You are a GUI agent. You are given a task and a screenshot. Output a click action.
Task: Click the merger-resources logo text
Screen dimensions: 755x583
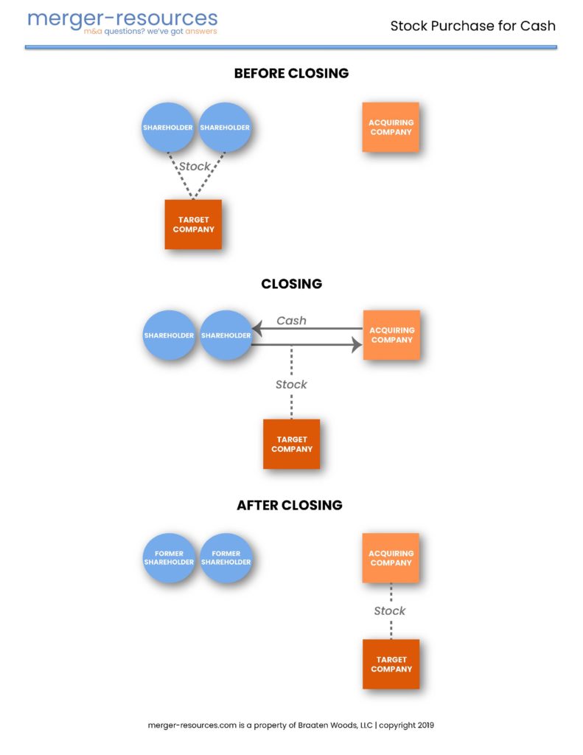click(x=122, y=18)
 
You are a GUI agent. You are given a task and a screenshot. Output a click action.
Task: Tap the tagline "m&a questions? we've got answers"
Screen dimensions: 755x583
click(x=150, y=32)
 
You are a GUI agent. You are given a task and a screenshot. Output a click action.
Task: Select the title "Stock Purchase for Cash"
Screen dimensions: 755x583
click(x=472, y=26)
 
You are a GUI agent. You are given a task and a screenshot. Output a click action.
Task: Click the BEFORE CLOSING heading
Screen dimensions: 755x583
click(x=291, y=74)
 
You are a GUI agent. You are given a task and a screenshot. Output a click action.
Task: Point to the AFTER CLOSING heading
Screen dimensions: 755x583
click(x=290, y=506)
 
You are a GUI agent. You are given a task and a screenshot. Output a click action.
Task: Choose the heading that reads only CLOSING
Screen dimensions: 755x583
click(x=291, y=284)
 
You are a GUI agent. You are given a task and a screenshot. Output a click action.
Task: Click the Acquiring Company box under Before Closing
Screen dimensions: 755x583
click(x=391, y=128)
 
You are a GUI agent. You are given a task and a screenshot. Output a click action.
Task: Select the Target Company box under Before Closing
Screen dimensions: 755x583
click(x=193, y=225)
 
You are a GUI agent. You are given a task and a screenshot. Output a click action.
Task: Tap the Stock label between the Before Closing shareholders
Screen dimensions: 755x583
click(x=195, y=167)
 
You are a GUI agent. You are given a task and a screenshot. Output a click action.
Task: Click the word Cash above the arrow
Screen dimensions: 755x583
click(x=291, y=321)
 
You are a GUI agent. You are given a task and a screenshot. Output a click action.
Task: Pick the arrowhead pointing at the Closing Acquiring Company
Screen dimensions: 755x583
click(x=357, y=344)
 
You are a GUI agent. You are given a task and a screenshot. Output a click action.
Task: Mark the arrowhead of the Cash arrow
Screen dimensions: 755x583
click(x=257, y=328)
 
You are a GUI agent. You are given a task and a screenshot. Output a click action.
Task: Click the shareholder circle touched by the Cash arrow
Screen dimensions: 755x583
click(x=226, y=335)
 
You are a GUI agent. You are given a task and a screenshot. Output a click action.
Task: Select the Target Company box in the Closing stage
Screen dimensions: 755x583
click(x=292, y=444)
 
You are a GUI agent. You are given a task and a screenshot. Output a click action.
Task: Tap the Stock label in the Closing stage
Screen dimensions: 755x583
click(x=291, y=384)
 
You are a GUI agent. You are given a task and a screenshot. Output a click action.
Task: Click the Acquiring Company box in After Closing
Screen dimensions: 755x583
click(x=391, y=558)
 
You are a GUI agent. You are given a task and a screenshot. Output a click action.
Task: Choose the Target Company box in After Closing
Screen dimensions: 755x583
click(x=391, y=664)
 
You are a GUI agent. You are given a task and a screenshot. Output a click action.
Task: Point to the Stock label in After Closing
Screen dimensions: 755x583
click(x=390, y=610)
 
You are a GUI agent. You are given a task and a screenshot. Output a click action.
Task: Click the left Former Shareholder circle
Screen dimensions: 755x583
click(x=169, y=558)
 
